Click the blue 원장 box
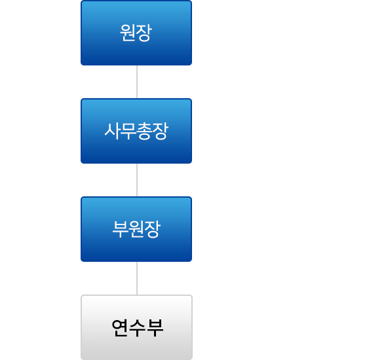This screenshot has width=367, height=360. coord(136,33)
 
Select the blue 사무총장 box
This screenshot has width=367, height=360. coord(136,131)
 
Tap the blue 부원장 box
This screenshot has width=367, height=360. coord(136,229)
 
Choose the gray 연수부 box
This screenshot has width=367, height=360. coord(137,327)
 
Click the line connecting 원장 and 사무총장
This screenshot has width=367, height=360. coord(137,82)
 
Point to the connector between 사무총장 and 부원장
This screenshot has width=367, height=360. coord(137,180)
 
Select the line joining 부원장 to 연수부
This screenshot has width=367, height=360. coord(137,278)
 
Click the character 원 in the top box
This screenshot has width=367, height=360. coord(128,33)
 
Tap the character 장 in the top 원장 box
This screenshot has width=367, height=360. coord(144,33)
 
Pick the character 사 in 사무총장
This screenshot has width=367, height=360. coord(112,131)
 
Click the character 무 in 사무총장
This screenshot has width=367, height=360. coord(128,131)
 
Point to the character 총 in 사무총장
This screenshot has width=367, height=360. coord(144,132)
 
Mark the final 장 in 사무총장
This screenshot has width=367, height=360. coord(160,132)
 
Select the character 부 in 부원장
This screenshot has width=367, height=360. coord(121,229)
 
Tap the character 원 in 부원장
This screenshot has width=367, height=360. coord(136,229)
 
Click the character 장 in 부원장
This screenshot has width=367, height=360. coord(152,230)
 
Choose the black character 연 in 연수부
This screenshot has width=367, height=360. coord(120,328)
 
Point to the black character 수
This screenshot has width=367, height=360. coord(138,328)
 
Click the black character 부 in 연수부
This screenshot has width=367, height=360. coord(155,328)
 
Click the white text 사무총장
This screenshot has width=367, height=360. coord(136,132)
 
